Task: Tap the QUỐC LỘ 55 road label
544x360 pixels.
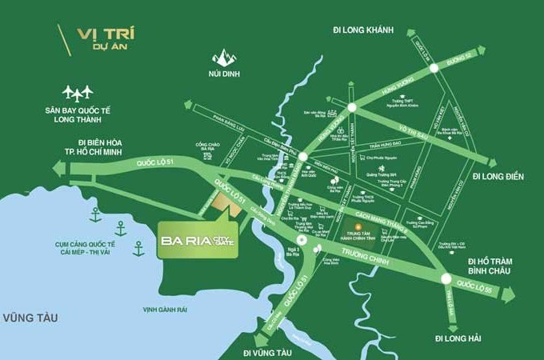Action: [x=474, y=284]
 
